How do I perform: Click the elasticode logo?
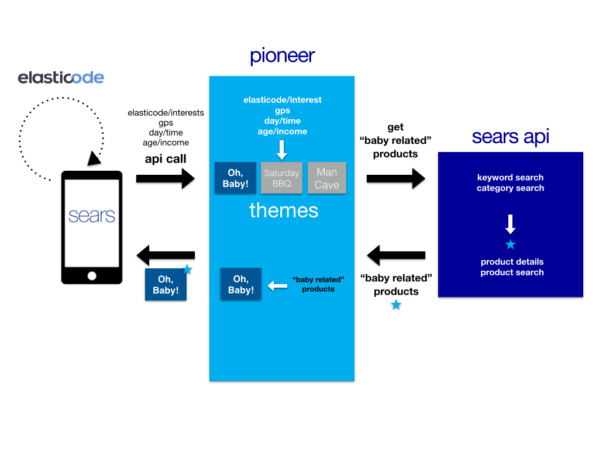pyautogui.click(x=61, y=78)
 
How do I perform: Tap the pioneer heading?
pyautogui.click(x=282, y=56)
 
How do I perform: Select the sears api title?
pyautogui.click(x=510, y=136)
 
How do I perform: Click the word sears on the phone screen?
pyautogui.click(x=92, y=216)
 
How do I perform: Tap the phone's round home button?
pyautogui.click(x=92, y=275)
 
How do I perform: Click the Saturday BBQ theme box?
pyautogui.click(x=281, y=178)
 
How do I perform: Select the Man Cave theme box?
pyautogui.click(x=327, y=178)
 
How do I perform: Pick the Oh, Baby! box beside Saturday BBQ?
pyautogui.click(x=235, y=178)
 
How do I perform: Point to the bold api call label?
pyautogui.click(x=166, y=158)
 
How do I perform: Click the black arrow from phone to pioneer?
pyautogui.click(x=165, y=178)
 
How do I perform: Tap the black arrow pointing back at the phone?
pyautogui.click(x=165, y=255)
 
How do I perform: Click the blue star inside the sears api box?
pyautogui.click(x=510, y=244)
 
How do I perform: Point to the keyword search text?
pyautogui.click(x=510, y=178)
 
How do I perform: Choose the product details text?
pyautogui.click(x=512, y=262)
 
